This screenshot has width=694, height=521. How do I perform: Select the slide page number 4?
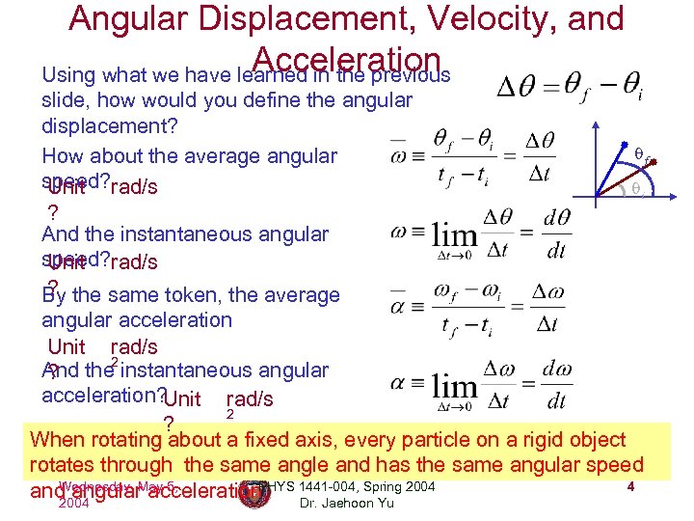(x=629, y=486)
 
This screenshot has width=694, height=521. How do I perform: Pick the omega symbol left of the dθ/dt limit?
(x=401, y=233)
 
